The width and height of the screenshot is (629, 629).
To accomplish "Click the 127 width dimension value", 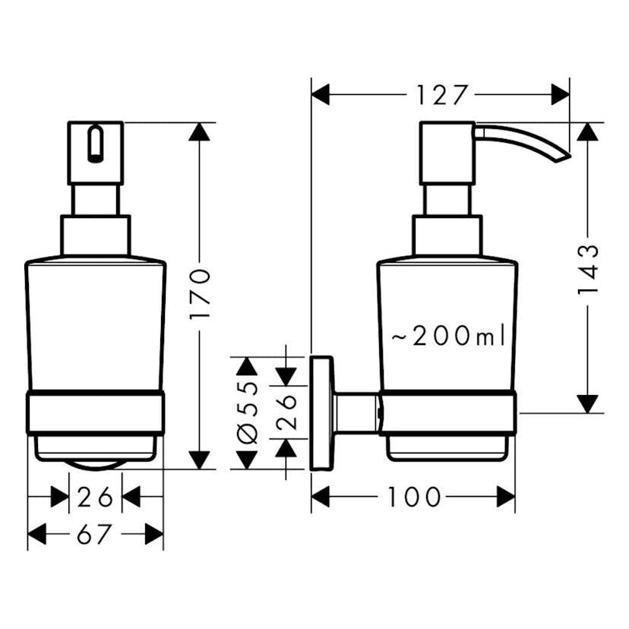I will click(441, 95).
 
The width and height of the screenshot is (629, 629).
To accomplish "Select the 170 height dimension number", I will click(200, 296).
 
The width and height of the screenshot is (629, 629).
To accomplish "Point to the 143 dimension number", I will click(587, 270).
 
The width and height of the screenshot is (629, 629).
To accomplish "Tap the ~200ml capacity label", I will click(448, 335).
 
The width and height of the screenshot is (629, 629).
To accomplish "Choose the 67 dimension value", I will click(96, 536).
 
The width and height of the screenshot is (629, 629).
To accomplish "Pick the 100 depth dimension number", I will click(414, 498).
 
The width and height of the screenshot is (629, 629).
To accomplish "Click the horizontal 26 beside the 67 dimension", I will click(96, 498).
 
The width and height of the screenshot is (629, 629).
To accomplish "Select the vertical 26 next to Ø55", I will click(286, 413).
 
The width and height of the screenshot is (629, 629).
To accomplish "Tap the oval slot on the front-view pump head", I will click(94, 144).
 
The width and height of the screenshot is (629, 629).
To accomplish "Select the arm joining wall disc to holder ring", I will click(355, 413).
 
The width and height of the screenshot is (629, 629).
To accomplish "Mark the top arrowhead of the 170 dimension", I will click(200, 131).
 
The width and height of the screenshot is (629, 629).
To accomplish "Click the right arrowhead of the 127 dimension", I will click(561, 95).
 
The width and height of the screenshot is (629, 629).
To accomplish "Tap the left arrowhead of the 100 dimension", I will click(321, 498).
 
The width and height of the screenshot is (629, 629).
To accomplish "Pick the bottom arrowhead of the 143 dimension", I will click(587, 404).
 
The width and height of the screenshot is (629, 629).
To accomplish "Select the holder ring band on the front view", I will click(96, 413).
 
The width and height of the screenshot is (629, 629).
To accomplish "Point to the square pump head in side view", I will click(447, 152).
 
